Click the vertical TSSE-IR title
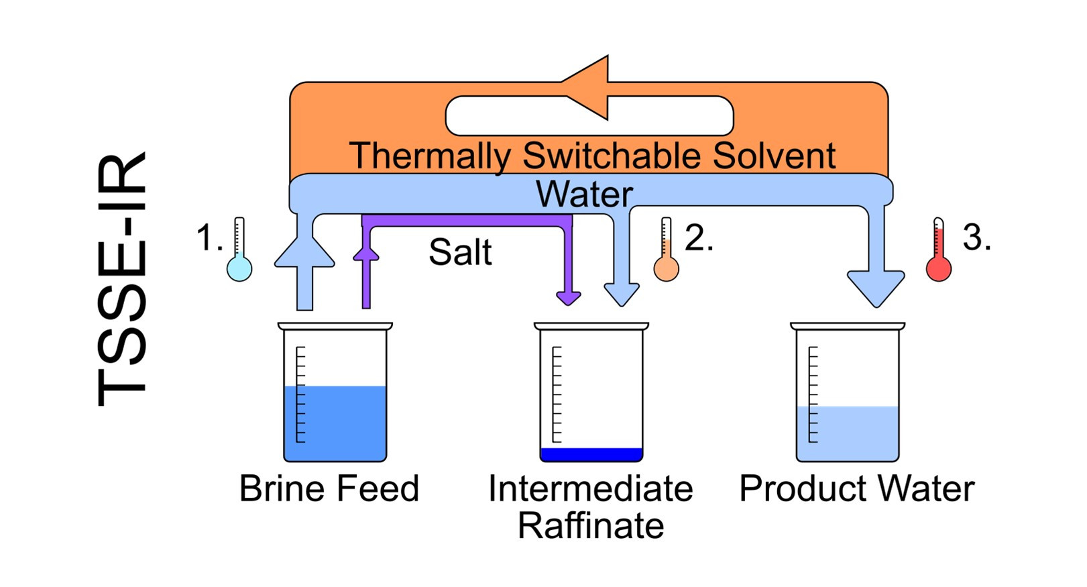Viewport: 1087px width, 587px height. pyautogui.click(x=123, y=278)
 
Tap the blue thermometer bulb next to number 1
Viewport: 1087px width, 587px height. pyautogui.click(x=239, y=269)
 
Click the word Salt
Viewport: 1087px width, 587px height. pyautogui.click(x=460, y=253)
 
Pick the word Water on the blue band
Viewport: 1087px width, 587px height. pyautogui.click(x=583, y=195)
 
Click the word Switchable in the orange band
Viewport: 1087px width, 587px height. pyautogui.click(x=613, y=156)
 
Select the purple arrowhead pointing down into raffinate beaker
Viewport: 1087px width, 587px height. pyautogui.click(x=569, y=297)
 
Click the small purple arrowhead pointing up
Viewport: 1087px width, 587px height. pyautogui.click(x=366, y=252)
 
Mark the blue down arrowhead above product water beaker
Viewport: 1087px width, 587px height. pyautogui.click(x=876, y=286)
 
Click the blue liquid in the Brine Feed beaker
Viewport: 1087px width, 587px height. pyautogui.click(x=335, y=423)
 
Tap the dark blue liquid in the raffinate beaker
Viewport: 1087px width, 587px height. pyautogui.click(x=591, y=455)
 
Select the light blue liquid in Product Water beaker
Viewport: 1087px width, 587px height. pyautogui.click(x=848, y=433)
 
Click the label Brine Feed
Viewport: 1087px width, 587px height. pyautogui.click(x=329, y=488)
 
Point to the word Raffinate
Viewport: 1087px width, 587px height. pyautogui.click(x=590, y=525)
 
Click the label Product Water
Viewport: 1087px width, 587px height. pyautogui.click(x=856, y=488)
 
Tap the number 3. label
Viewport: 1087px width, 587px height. pyautogui.click(x=976, y=237)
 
